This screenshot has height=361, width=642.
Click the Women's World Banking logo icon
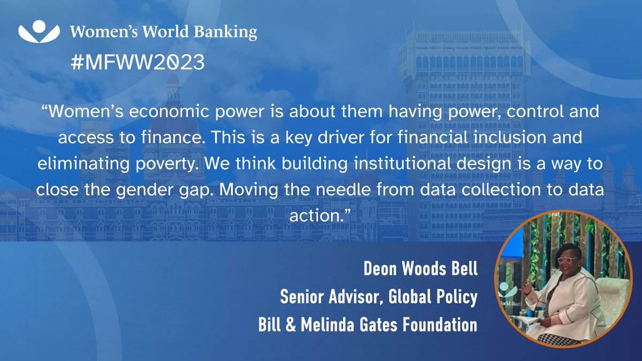coord(39,32)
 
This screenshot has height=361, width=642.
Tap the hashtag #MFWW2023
coord(137,63)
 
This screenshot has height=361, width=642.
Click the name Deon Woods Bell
coord(420,269)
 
